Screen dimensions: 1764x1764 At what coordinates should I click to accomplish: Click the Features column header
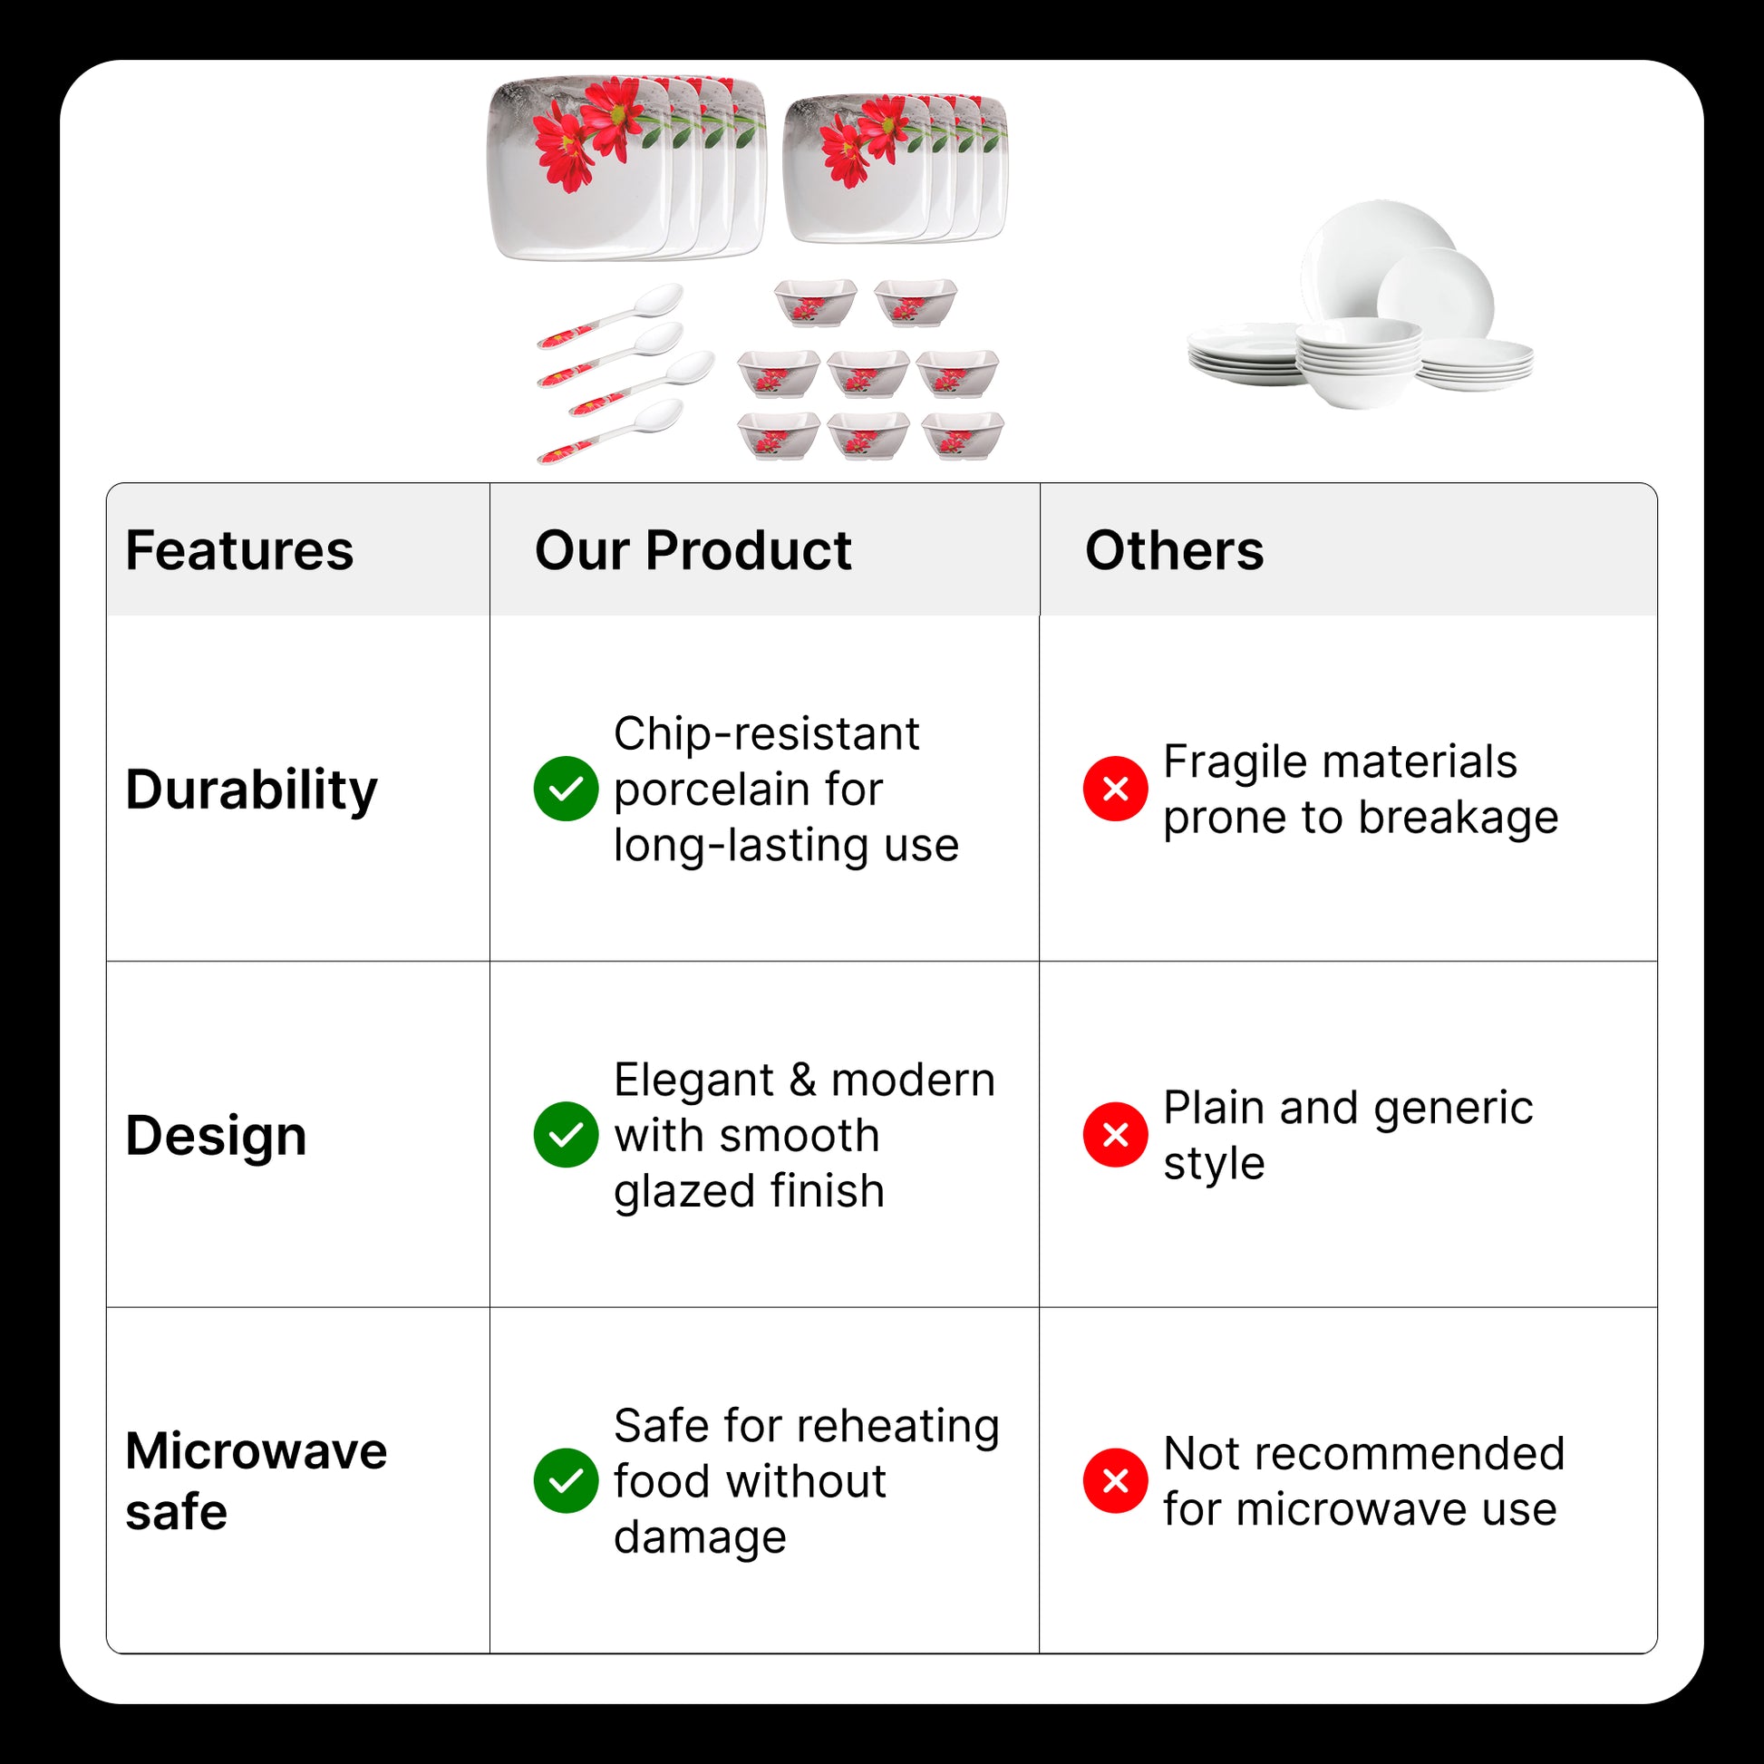click(x=239, y=550)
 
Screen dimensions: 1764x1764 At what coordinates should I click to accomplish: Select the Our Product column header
click(x=693, y=550)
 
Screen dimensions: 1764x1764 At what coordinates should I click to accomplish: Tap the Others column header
click(x=1174, y=550)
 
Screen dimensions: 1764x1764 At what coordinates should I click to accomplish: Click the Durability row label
click(x=251, y=790)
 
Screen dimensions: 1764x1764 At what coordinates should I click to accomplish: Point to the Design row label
click(x=217, y=1136)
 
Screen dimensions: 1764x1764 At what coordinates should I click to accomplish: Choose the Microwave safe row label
click(x=257, y=1481)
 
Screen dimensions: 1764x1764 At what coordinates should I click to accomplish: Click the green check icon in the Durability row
click(x=566, y=789)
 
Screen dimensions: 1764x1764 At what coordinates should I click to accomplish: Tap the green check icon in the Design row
click(x=566, y=1135)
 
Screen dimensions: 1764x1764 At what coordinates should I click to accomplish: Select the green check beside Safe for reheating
click(x=566, y=1481)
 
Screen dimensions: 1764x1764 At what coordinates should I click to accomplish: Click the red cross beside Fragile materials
click(x=1116, y=789)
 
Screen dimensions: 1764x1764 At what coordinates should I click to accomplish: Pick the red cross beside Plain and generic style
click(x=1116, y=1135)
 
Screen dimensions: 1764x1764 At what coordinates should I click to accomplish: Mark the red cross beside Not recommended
click(x=1116, y=1481)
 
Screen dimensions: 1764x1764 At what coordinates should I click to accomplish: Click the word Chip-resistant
click(x=767, y=735)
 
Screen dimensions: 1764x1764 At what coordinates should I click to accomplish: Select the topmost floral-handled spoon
click(x=611, y=316)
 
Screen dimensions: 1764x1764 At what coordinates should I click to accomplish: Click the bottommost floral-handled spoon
click(x=611, y=431)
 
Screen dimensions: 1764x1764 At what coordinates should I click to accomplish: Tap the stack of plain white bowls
click(x=1359, y=363)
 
